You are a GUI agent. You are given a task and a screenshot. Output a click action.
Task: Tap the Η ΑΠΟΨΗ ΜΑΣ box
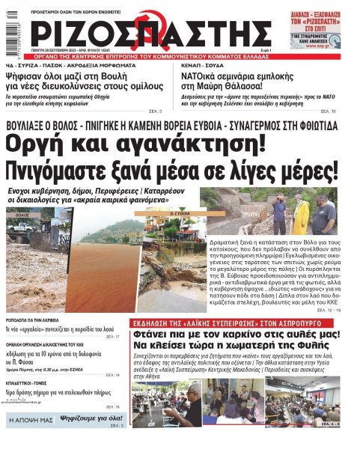click(31, 421)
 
